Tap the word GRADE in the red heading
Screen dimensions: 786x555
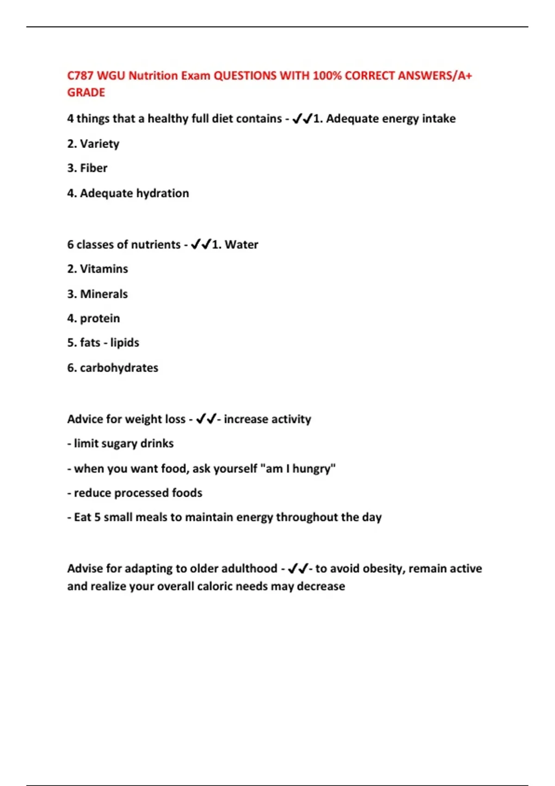[86, 92]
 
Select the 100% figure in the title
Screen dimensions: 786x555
[327, 76]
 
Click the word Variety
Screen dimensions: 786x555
[99, 144]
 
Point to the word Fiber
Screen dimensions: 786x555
[93, 168]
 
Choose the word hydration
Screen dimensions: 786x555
[161, 193]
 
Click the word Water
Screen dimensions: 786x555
[241, 245]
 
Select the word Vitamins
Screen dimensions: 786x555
[104, 269]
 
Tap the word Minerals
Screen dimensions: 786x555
[104, 294]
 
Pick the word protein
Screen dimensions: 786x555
[100, 319]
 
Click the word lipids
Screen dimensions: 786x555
[124, 343]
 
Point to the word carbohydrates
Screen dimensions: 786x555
[119, 368]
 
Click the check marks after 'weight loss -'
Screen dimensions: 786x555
[206, 419]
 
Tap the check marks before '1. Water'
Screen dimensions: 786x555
[201, 244]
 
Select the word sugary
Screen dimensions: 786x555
[119, 443]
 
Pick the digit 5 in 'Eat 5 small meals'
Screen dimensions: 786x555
[97, 517]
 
